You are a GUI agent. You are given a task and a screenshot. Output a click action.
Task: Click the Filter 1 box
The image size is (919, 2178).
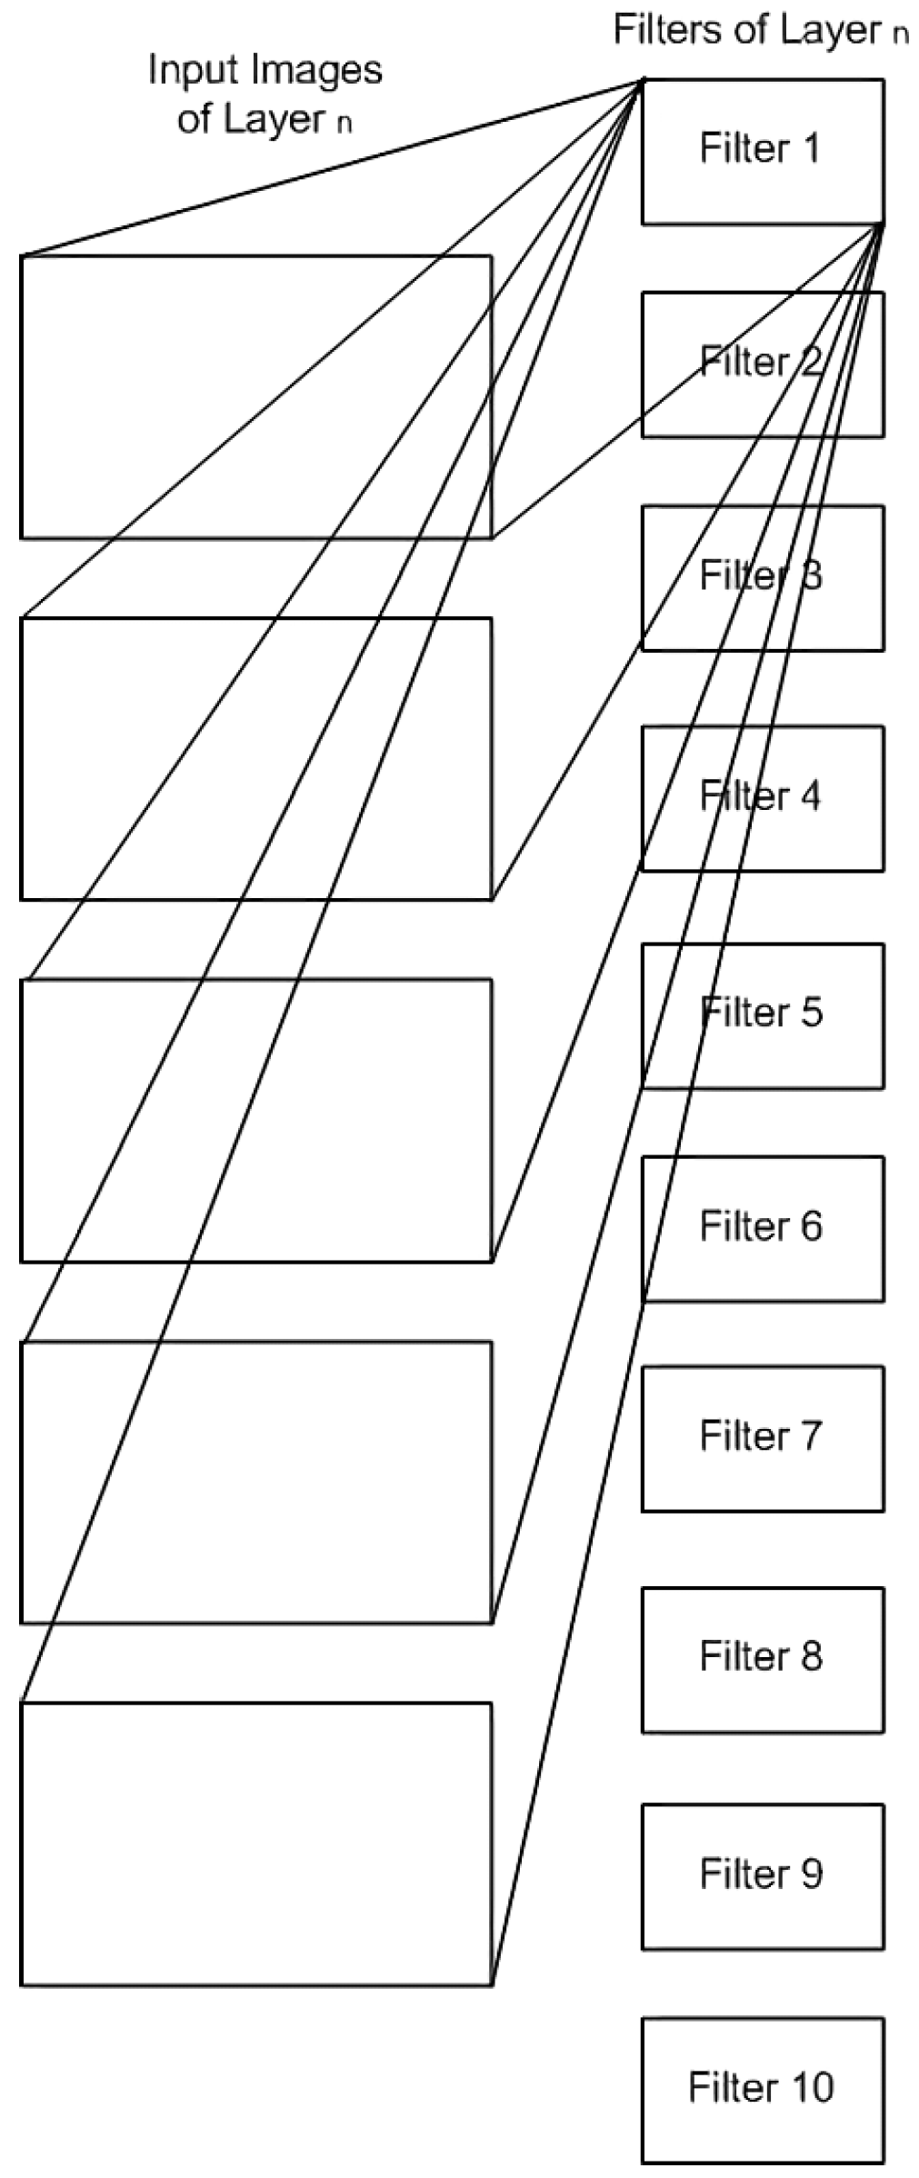(x=762, y=151)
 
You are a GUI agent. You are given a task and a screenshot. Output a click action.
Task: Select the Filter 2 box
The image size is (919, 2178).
(x=762, y=364)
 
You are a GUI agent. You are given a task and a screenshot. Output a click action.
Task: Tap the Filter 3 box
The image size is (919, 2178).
(x=762, y=577)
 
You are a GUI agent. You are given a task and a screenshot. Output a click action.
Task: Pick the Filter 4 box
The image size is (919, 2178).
(x=762, y=797)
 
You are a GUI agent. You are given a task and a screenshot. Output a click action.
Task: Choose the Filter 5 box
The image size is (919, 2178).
(x=762, y=1015)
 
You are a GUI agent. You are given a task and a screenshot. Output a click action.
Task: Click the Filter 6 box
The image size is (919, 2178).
(x=762, y=1228)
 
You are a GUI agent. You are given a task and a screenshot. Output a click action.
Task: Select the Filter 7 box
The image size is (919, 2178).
(x=762, y=1438)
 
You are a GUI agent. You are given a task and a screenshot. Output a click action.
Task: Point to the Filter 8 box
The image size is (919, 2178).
(x=762, y=1659)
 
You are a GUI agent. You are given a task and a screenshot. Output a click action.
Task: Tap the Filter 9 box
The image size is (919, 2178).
(x=762, y=1876)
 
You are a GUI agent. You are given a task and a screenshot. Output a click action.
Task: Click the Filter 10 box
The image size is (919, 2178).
(x=762, y=2090)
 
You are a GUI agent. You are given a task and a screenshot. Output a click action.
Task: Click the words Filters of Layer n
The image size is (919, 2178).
(x=760, y=31)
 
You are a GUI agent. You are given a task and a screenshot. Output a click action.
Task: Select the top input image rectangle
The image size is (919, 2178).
(x=255, y=396)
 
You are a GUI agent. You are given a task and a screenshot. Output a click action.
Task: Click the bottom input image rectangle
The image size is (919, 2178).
(x=255, y=1843)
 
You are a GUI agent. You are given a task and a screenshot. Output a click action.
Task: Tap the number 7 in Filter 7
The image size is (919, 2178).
(x=809, y=1436)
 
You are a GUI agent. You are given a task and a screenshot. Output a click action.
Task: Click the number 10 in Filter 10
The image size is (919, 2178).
(x=811, y=2088)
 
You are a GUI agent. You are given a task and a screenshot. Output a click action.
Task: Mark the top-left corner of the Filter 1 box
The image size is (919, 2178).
(x=643, y=80)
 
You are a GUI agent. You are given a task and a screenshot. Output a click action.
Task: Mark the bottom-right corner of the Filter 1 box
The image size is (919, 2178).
(x=883, y=223)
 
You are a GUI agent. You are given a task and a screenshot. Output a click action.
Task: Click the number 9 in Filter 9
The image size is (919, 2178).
(x=809, y=1874)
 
